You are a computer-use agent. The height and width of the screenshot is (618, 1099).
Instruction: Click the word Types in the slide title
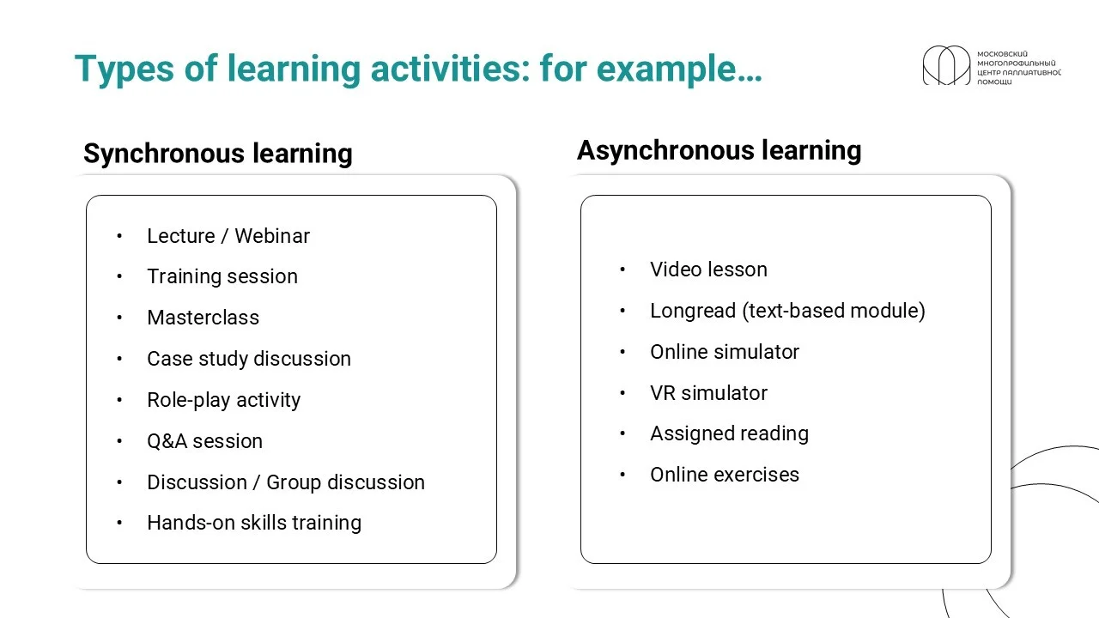pyautogui.click(x=124, y=70)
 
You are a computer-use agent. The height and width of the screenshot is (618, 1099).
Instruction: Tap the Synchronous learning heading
pyautogui.click(x=218, y=154)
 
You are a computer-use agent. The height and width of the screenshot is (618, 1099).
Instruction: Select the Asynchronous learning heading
pyautogui.click(x=719, y=150)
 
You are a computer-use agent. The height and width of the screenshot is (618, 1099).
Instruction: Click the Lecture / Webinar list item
pyautogui.click(x=228, y=236)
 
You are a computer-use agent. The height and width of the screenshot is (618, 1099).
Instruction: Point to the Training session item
pyautogui.click(x=222, y=276)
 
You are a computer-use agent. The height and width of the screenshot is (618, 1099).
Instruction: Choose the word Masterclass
pyautogui.click(x=203, y=318)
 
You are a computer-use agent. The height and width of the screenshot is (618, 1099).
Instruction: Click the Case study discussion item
pyautogui.click(x=249, y=359)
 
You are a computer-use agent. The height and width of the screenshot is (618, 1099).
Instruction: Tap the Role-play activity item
pyautogui.click(x=224, y=400)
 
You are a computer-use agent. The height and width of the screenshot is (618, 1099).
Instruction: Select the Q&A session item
pyautogui.click(x=204, y=441)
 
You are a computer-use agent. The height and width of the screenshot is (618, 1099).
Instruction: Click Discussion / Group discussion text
pyautogui.click(x=286, y=482)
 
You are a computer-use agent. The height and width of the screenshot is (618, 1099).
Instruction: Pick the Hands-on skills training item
pyautogui.click(x=254, y=523)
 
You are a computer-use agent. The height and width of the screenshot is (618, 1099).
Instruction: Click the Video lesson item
pyautogui.click(x=708, y=270)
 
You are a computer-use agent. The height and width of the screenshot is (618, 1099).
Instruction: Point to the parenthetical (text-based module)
pyautogui.click(x=834, y=311)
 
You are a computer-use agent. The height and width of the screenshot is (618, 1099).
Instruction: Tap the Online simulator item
pyautogui.click(x=725, y=352)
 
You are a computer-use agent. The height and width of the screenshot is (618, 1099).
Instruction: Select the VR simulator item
pyautogui.click(x=708, y=393)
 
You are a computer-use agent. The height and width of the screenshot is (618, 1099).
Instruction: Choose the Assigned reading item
pyautogui.click(x=730, y=434)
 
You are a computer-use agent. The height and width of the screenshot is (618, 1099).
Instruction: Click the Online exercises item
pyautogui.click(x=725, y=475)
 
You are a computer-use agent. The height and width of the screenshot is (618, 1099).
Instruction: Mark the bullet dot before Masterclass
pyautogui.click(x=119, y=318)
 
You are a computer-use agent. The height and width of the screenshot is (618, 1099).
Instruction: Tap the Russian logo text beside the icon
pyautogui.click(x=1019, y=68)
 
